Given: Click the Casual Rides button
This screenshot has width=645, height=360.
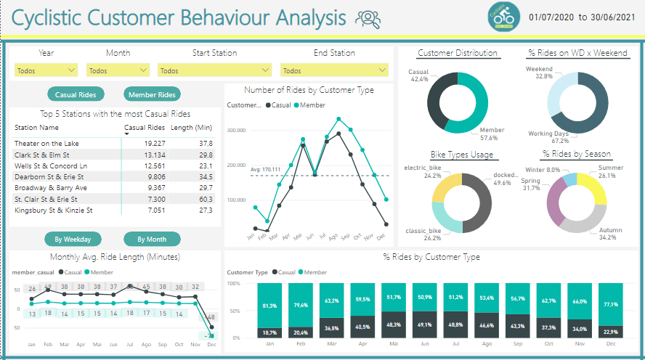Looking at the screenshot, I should point(76,94).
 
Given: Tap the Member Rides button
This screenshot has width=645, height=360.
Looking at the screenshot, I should point(151,94).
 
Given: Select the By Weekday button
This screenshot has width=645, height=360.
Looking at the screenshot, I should point(73,239).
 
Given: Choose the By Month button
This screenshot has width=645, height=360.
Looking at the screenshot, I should point(151,239).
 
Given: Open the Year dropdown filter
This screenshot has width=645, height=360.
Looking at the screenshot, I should point(46,70).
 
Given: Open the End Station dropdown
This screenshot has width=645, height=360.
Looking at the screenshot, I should point(334,70).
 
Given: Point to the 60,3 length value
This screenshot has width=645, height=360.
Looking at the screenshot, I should point(206,199).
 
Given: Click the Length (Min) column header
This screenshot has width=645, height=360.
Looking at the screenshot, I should point(191,127).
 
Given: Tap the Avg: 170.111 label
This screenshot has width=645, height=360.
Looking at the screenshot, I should point(265,169).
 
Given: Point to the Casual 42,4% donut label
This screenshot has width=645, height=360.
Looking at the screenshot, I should point(418,75).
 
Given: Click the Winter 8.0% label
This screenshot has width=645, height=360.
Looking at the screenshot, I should point(542,169).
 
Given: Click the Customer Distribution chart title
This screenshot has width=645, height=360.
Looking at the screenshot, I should point(458,53).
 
